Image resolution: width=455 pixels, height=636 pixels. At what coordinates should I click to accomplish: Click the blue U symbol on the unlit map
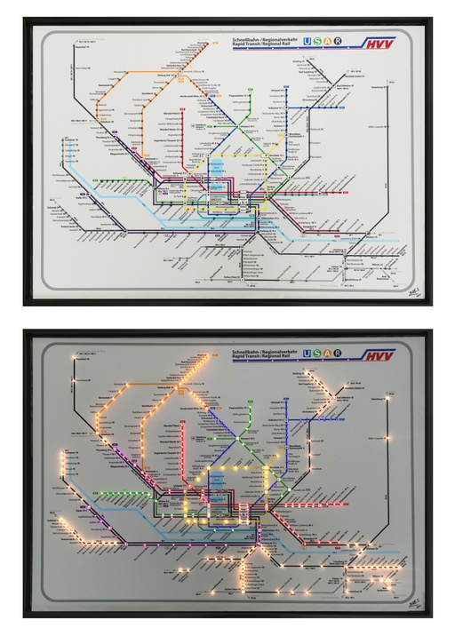point(307,41)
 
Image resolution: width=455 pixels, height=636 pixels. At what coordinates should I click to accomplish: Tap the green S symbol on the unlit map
point(317,41)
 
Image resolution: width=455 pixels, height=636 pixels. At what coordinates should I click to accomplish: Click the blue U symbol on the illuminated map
point(307,353)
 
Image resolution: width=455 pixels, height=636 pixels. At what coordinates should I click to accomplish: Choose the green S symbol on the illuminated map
point(317,353)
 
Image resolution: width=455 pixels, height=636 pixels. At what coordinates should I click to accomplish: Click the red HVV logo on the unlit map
point(379,43)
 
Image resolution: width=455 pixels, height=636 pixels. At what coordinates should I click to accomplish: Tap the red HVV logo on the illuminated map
point(379,354)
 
